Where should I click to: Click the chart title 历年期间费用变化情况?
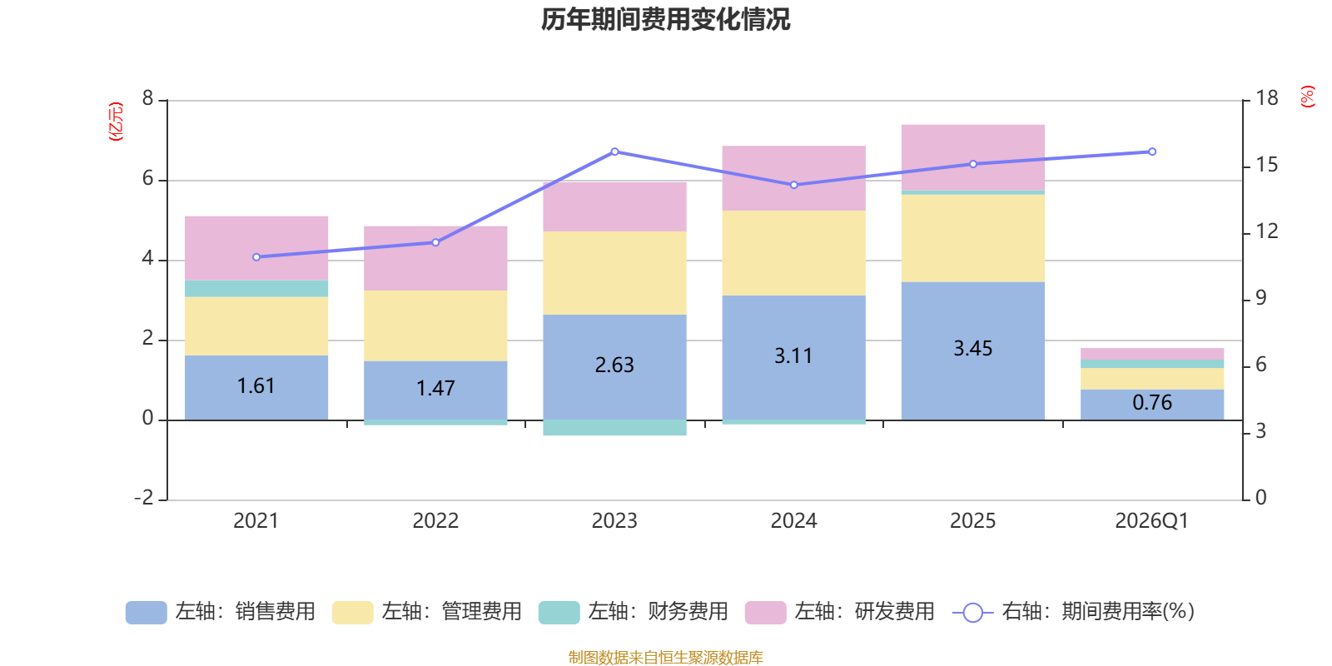tap(665, 19)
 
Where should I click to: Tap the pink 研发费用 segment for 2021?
tap(256, 247)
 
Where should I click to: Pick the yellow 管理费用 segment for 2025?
tap(972, 238)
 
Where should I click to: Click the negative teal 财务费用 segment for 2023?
tap(614, 428)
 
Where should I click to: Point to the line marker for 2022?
tap(435, 242)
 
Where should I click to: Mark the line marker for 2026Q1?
tap(1152, 152)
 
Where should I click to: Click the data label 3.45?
tap(972, 349)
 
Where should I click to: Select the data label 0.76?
tap(1152, 403)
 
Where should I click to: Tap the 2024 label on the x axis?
tap(793, 521)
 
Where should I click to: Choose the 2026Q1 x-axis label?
tap(1151, 521)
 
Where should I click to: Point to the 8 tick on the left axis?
tap(148, 99)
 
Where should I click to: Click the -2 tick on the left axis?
tap(144, 498)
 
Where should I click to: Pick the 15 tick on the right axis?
tap(1267, 165)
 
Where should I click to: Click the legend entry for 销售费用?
tap(221, 612)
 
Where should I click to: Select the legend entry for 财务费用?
tap(634, 612)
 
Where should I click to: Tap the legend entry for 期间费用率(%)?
tap(1074, 612)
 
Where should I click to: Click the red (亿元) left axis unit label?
tap(116, 122)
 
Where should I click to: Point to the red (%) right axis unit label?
tap(1307, 97)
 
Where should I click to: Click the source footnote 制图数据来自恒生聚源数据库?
tap(665, 658)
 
